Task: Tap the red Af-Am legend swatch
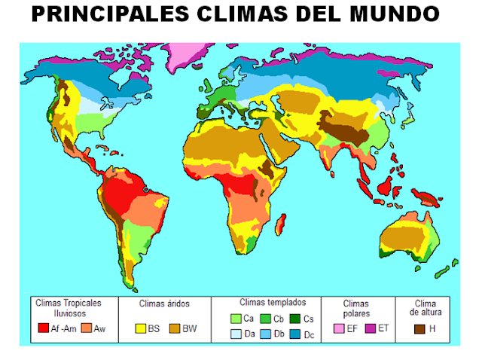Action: pos(44,328)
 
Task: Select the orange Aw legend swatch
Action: pos(87,328)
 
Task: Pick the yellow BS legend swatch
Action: pos(139,328)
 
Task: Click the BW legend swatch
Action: pos(175,328)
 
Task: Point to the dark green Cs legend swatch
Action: pos(295,319)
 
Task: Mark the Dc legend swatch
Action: pos(295,334)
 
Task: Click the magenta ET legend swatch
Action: pos(370,328)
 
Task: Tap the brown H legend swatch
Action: pos(419,328)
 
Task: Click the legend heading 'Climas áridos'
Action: pos(164,304)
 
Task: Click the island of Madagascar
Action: pos(282,223)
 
